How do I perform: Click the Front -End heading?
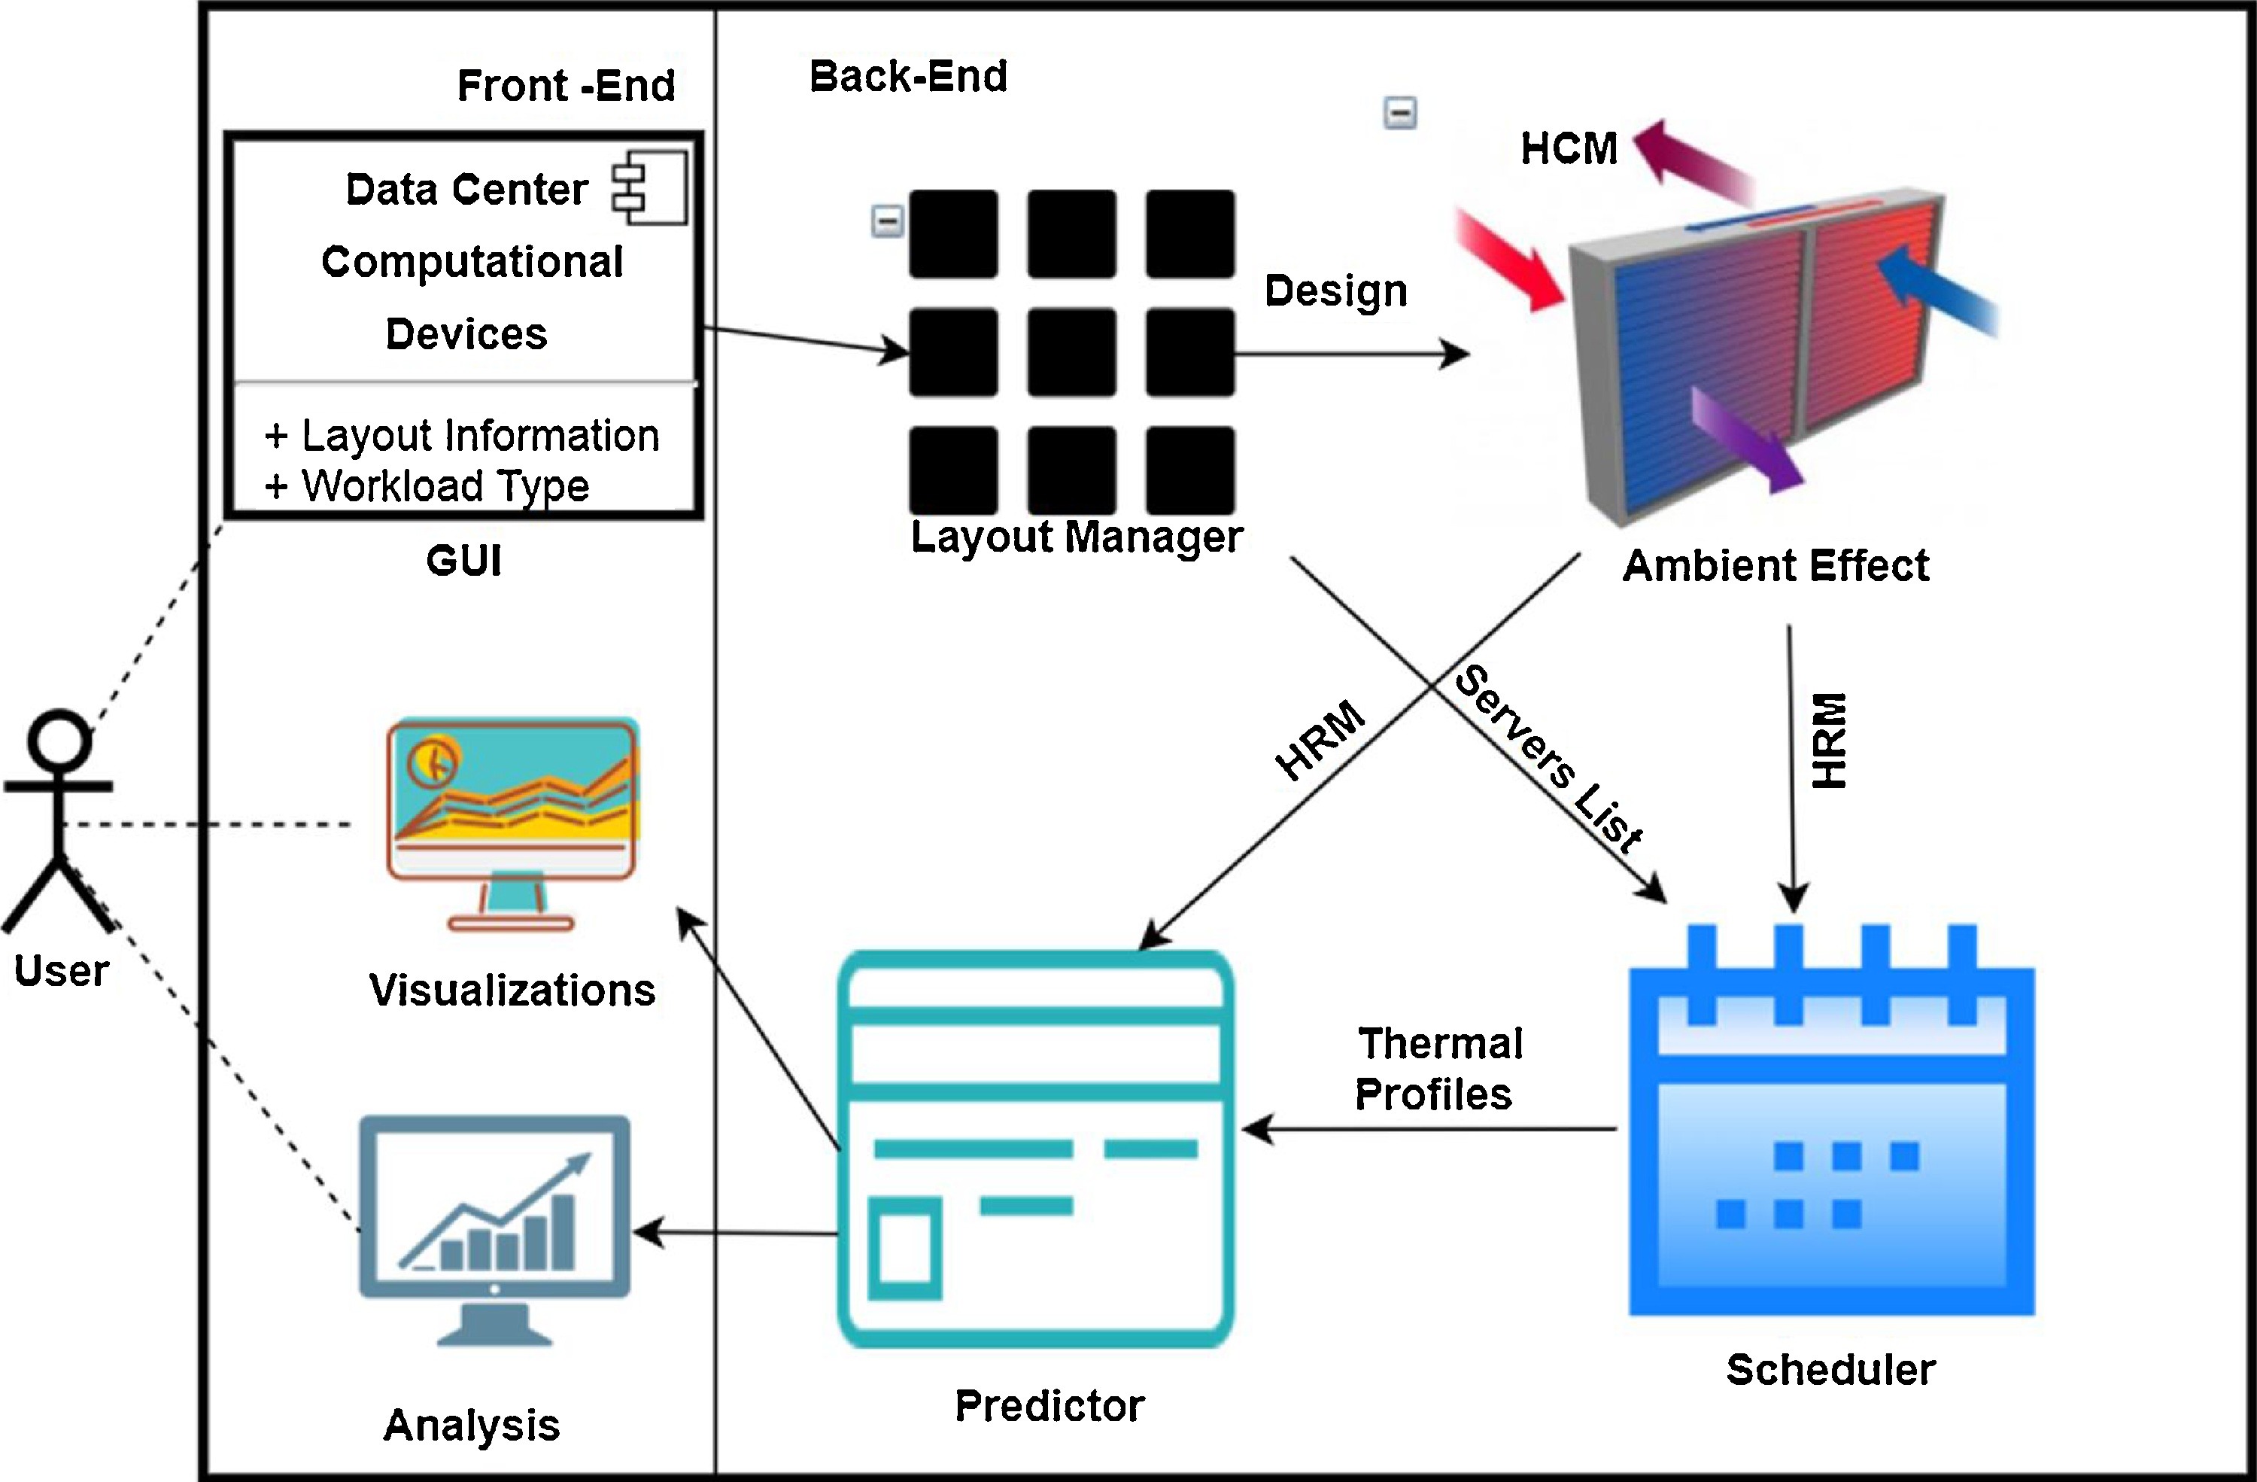[x=567, y=85]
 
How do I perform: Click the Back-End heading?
[x=907, y=76]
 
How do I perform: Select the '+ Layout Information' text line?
[x=462, y=436]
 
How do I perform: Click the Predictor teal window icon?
[x=1035, y=1148]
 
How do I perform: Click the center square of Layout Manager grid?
[x=1071, y=352]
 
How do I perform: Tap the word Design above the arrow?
[x=1335, y=291]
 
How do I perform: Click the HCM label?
[x=1569, y=149]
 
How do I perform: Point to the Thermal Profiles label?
[x=1437, y=1068]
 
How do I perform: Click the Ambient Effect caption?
[x=1776, y=565]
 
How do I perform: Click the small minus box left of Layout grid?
[x=888, y=222]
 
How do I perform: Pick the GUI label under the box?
[x=463, y=561]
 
